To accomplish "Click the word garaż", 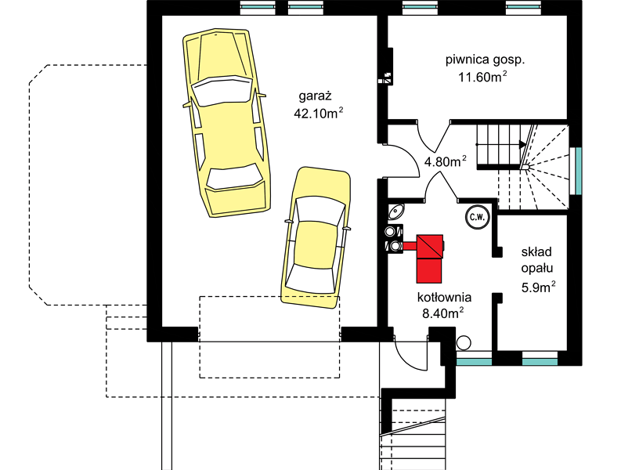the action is pyautogui.click(x=315, y=96).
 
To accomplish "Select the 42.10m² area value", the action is pyautogui.click(x=318, y=113).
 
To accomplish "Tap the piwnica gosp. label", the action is pyautogui.click(x=486, y=60).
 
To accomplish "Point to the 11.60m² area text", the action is pyautogui.click(x=482, y=77).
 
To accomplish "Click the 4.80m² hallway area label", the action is pyautogui.click(x=445, y=161).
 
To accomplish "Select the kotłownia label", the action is pyautogui.click(x=444, y=297).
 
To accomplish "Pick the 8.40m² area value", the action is pyautogui.click(x=443, y=313).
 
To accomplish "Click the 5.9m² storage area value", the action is pyautogui.click(x=538, y=287).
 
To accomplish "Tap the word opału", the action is pyautogui.click(x=536, y=269).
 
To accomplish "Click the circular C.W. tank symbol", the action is pyautogui.click(x=477, y=217).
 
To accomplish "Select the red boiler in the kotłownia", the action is pyautogui.click(x=429, y=258).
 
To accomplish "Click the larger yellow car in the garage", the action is pyautogui.click(x=227, y=122).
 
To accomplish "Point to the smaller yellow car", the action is pyautogui.click(x=316, y=238).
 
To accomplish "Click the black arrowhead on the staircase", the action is pyautogui.click(x=523, y=145).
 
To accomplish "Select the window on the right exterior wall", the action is pyautogui.click(x=577, y=171).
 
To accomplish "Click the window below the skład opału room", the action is pyautogui.click(x=540, y=361).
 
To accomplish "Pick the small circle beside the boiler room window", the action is pyautogui.click(x=464, y=343).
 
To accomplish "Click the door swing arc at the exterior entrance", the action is pyautogui.click(x=406, y=360).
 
